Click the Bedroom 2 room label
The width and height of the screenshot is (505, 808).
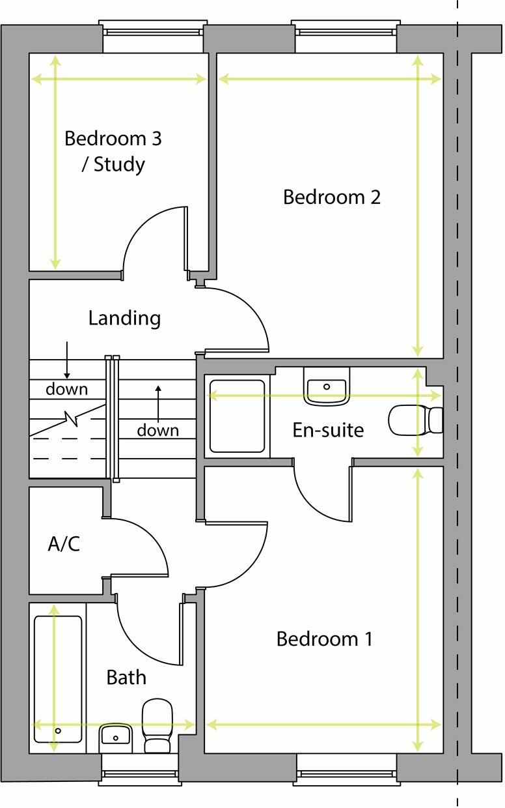[x=331, y=197]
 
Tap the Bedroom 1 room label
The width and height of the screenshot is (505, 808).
[x=324, y=639]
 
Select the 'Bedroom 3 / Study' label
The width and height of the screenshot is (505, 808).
[x=113, y=151]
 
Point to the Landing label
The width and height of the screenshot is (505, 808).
[x=124, y=319]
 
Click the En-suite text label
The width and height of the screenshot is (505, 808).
[x=328, y=430]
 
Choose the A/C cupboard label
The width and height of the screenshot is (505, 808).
[x=64, y=544]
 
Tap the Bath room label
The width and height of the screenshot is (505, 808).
[x=126, y=678]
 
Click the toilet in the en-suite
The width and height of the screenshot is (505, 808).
[x=415, y=420]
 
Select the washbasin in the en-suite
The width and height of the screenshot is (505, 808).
[x=327, y=387]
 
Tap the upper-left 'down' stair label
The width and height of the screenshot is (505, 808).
[x=66, y=390]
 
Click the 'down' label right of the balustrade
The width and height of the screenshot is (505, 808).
[x=157, y=430]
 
